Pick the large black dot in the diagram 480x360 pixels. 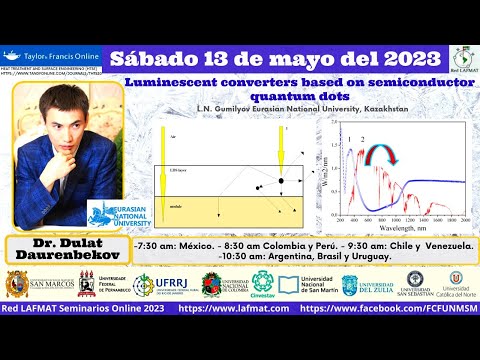pos(283,180)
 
